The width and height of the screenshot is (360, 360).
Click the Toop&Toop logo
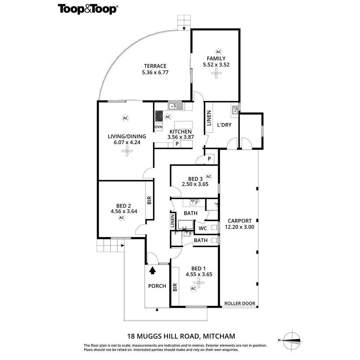87,9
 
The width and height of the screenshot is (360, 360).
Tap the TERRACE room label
155,66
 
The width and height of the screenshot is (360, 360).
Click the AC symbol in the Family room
218,52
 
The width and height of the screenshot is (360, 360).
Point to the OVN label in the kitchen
158,127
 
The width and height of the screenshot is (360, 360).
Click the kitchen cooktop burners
159,115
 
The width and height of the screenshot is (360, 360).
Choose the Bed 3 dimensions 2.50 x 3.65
195,184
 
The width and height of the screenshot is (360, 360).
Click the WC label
203,228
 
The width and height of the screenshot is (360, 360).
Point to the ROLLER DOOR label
240,303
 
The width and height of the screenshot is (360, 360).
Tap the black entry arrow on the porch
153,271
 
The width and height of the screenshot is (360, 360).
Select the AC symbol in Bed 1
193,289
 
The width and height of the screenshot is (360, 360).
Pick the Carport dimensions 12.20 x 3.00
239,227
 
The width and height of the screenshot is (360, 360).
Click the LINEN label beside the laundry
209,118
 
